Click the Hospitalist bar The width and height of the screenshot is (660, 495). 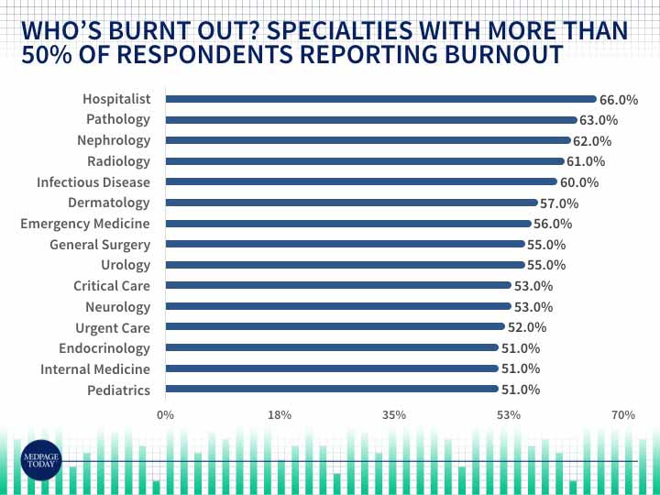coord(380,99)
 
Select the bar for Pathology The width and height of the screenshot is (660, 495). coord(370,120)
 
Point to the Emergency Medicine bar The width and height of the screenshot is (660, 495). coord(347,224)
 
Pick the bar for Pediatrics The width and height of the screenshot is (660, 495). coord(331,390)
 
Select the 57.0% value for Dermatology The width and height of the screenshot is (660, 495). coord(559,203)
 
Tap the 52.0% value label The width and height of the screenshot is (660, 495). coord(527,327)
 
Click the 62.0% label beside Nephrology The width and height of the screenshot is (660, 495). coord(591,141)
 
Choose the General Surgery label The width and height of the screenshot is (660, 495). coord(100,245)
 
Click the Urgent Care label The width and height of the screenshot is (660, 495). coord(112,327)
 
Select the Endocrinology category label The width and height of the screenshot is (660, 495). coord(104,348)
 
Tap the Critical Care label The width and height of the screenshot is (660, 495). coord(112,286)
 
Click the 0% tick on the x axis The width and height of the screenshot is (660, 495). coord(165,415)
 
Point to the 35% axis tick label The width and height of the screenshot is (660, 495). coord(394,415)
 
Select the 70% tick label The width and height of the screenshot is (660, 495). coord(623,415)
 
